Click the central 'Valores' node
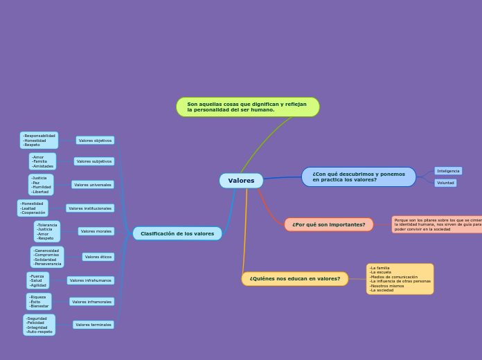pos(241,181)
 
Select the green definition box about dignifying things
pos(247,107)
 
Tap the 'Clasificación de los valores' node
pos(177,234)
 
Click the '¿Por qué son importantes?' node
pos(328,224)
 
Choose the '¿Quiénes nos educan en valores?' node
pos(294,279)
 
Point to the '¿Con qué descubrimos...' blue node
pos(358,177)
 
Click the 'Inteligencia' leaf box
pos(448,171)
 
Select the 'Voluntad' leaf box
pos(445,183)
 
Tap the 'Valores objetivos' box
pos(95,141)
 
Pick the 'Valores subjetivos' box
pos(94,161)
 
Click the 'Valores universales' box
pos(93,185)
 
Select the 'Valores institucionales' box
pos(90,208)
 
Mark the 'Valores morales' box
pos(96,231)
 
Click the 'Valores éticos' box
pos(98,257)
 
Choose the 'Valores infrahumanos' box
pos(91,280)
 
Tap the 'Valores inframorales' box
pos(91,302)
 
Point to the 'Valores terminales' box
pos(93,325)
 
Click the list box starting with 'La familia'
pos(400,279)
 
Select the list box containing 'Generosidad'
pos(47,258)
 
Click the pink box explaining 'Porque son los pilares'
pos(437,224)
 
